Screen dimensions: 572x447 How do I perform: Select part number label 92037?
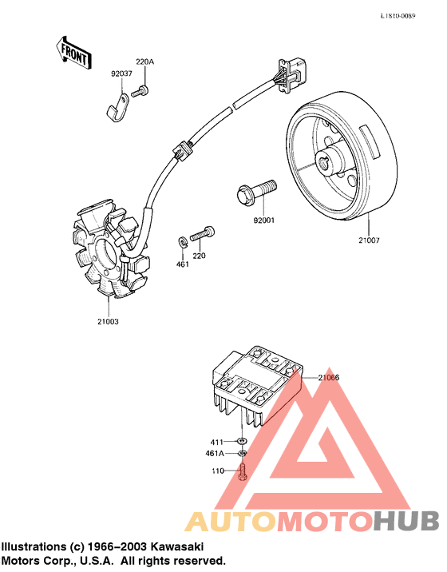(121, 73)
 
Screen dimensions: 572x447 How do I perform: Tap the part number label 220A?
(144, 62)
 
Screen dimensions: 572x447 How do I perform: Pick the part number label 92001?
(263, 220)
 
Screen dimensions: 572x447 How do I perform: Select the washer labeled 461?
(183, 240)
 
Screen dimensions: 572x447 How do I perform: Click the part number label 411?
(217, 442)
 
